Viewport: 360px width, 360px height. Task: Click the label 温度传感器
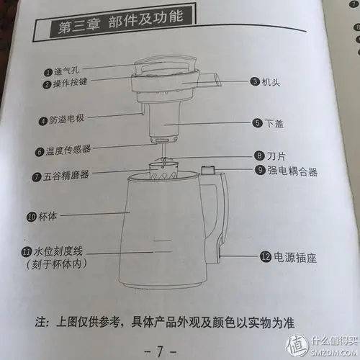71,152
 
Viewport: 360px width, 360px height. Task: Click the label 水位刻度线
58,252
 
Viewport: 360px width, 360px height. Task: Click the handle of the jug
220,216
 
